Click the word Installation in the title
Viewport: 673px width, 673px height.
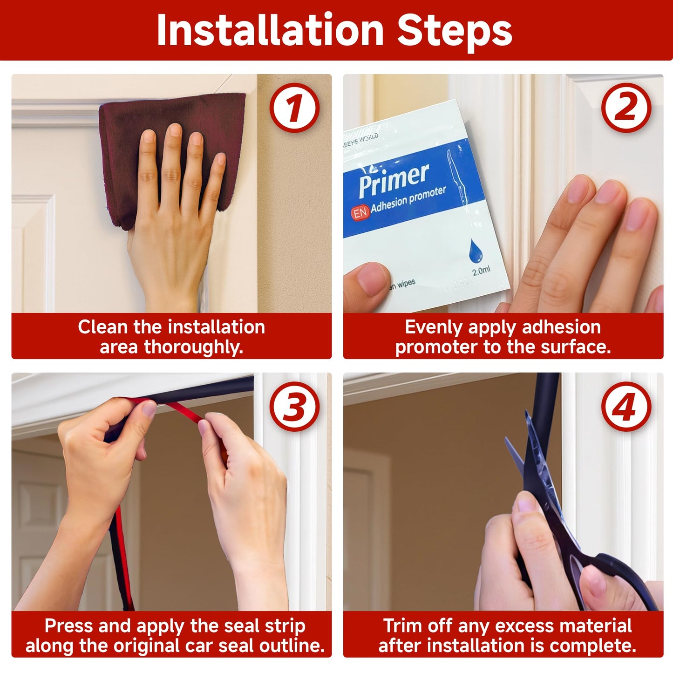tap(270, 31)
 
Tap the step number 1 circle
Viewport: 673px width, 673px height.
tap(294, 108)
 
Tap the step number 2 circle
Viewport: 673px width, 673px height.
tap(626, 108)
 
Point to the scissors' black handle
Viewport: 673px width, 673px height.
tap(624, 582)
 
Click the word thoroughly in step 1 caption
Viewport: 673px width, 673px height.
tap(193, 347)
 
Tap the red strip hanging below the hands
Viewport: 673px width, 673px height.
tap(122, 559)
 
